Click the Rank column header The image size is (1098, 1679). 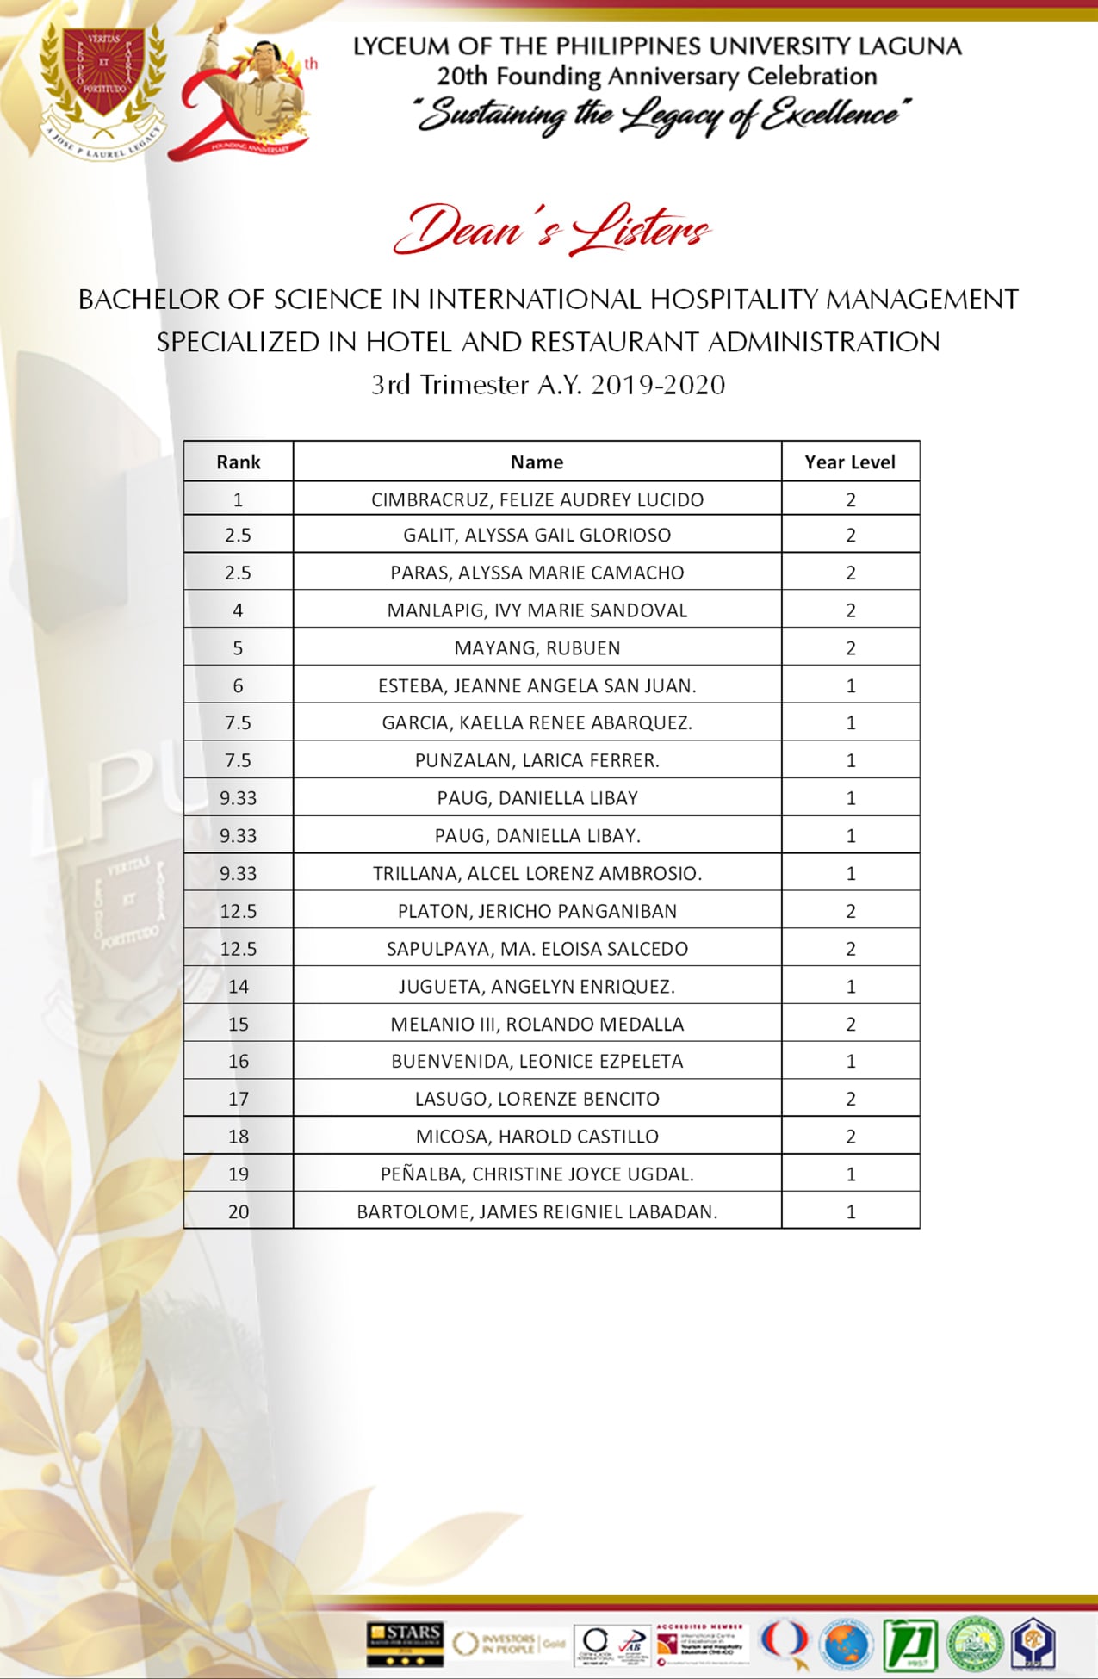coord(239,462)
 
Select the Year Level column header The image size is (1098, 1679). coord(850,462)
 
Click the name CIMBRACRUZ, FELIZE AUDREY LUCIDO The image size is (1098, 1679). coord(537,500)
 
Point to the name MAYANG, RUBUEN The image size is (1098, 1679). coord(537,648)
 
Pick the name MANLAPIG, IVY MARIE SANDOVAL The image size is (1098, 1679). coord(537,610)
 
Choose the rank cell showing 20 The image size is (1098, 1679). coord(239,1211)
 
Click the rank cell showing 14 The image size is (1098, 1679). coord(239,987)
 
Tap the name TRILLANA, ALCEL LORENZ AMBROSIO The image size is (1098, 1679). coord(537,873)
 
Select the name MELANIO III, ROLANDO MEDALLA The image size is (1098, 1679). coord(537,1024)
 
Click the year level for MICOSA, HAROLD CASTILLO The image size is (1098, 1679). coord(851,1137)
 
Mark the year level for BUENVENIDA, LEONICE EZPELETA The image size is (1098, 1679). coord(851,1062)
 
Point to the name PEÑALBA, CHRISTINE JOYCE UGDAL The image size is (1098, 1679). coord(537,1174)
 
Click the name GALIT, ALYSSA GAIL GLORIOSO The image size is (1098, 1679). coord(537,536)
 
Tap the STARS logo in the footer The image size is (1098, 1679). coord(404,1643)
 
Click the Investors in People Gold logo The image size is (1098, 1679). coord(509,1643)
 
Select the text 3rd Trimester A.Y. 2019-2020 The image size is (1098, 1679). coord(549,385)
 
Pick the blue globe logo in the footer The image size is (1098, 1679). coord(847,1643)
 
